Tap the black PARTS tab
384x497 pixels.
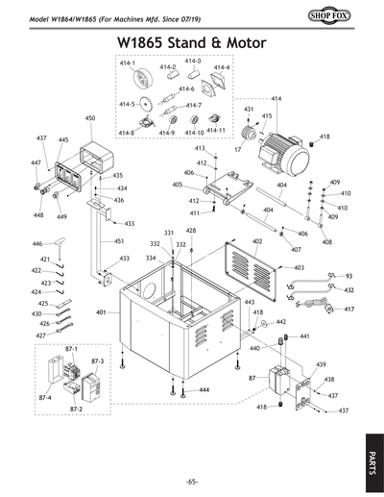pos(372,460)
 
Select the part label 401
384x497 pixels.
pos(101,312)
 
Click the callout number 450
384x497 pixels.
pos(89,118)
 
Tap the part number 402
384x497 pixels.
pos(257,241)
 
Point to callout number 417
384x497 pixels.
pos(349,310)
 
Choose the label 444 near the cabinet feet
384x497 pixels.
pos(204,390)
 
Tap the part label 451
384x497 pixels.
pos(119,241)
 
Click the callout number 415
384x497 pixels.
pos(266,116)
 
